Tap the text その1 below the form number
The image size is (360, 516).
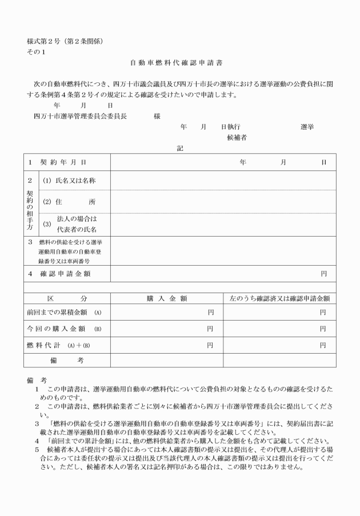[35, 52]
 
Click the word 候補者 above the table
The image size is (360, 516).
[237, 137]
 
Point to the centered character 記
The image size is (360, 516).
[180, 148]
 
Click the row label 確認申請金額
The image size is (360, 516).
[66, 274]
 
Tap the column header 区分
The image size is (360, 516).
[66, 298]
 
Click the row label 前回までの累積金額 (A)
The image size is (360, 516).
[64, 313]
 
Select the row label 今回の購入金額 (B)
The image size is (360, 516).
[64, 329]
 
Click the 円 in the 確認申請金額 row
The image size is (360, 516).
[323, 274]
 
